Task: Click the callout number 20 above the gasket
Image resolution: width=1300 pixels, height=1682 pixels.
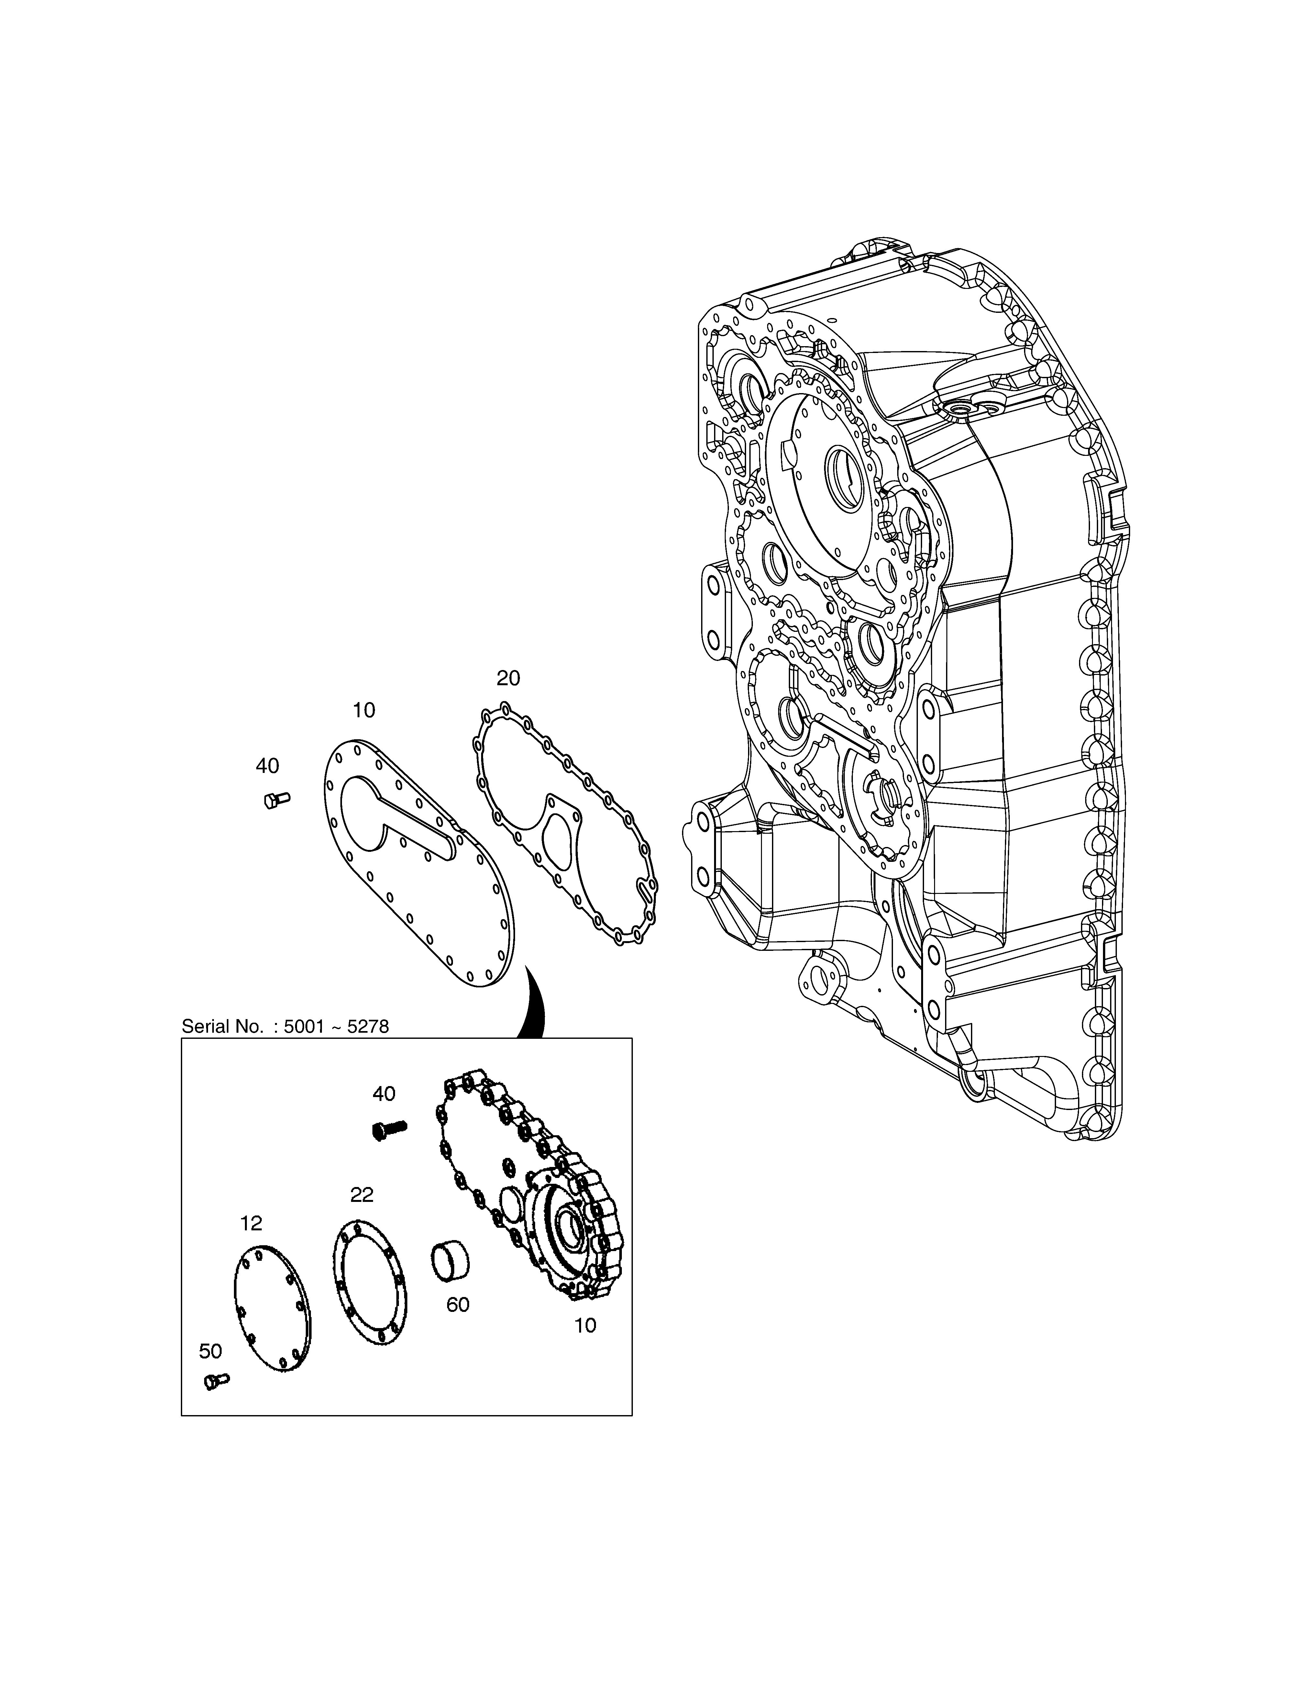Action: (x=508, y=678)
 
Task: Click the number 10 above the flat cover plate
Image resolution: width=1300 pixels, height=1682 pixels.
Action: (x=364, y=710)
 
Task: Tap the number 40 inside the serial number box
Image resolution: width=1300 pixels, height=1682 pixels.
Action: (x=383, y=1094)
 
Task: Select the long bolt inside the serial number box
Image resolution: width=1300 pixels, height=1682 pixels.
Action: (x=389, y=1130)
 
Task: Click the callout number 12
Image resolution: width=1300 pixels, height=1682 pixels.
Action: (x=251, y=1223)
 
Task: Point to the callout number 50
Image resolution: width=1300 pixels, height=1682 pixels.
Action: (x=210, y=1351)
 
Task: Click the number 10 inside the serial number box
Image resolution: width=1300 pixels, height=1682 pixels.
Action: (x=585, y=1325)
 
